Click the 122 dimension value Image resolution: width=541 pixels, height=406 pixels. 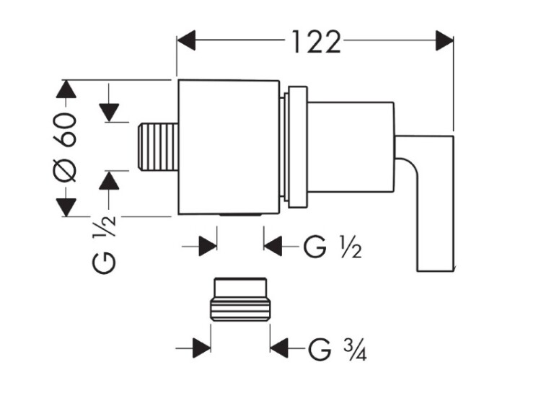tap(317, 42)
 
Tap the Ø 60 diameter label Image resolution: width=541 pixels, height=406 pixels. tap(64, 147)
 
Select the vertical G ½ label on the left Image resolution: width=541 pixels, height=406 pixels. tap(103, 244)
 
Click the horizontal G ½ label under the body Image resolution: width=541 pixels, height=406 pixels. tap(333, 247)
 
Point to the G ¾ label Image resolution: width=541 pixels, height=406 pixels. tap(337, 350)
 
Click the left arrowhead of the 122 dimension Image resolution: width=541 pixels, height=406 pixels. tap(186, 40)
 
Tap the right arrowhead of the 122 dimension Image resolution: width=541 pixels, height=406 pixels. tap(444, 40)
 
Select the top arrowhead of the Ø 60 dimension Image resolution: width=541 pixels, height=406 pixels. tap(66, 89)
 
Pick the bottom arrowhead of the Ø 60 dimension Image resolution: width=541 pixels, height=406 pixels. tap(66, 207)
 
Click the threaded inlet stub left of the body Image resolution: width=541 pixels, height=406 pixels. tap(158, 147)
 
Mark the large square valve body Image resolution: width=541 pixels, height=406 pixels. tap(229, 147)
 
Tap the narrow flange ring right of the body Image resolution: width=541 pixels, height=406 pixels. tap(297, 147)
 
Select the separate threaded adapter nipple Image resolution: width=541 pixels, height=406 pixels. tap(240, 299)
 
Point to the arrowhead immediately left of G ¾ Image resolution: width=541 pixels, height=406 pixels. tap(279, 348)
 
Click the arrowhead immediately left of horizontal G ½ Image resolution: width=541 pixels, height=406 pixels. tap(273, 247)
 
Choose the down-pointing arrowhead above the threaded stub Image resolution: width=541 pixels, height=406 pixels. tap(109, 112)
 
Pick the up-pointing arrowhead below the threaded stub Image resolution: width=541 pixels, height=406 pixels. tap(109, 181)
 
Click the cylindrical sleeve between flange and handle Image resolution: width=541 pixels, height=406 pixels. tap(351, 147)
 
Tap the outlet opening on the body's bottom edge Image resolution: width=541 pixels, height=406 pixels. tap(240, 215)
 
